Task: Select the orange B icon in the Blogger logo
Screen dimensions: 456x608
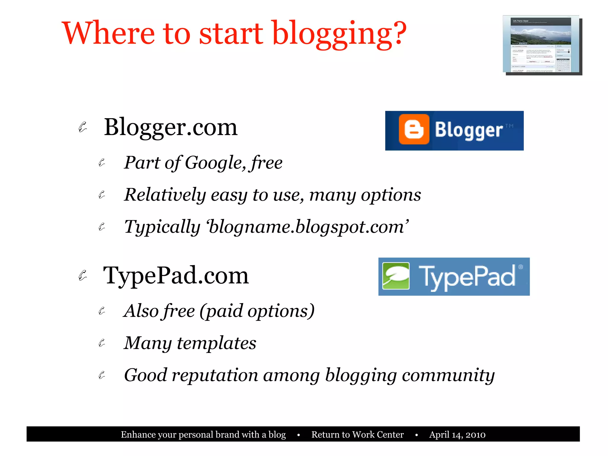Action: point(414,129)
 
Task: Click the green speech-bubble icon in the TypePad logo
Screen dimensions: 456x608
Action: point(396,276)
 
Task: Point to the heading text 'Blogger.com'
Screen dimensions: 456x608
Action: point(171,127)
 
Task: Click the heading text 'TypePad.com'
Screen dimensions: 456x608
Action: point(176,276)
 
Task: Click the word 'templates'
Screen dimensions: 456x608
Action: point(216,343)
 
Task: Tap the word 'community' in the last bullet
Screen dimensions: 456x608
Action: point(448,375)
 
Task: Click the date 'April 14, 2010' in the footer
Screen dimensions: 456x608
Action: point(457,435)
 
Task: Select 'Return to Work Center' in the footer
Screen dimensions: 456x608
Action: point(357,435)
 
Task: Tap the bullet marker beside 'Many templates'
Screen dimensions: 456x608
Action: point(102,343)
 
